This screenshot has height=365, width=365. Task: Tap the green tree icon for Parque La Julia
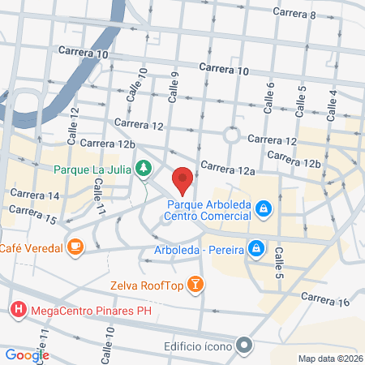pyautogui.click(x=144, y=169)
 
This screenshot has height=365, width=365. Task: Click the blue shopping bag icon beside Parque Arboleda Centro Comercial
pyautogui.click(x=262, y=210)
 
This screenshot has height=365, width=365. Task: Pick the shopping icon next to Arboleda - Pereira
pyautogui.click(x=255, y=247)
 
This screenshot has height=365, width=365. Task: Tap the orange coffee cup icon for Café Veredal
pyautogui.click(x=75, y=246)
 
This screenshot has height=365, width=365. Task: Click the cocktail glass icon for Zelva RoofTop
pyautogui.click(x=195, y=284)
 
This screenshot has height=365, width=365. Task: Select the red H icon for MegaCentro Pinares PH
pyautogui.click(x=17, y=309)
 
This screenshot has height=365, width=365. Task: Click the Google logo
pyautogui.click(x=27, y=354)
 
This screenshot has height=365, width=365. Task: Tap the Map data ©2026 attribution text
pyautogui.click(x=329, y=359)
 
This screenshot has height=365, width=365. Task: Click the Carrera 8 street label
pyautogui.click(x=294, y=14)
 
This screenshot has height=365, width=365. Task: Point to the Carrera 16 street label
pyautogui.click(x=328, y=302)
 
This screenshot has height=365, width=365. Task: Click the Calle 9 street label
pyautogui.click(x=173, y=86)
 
